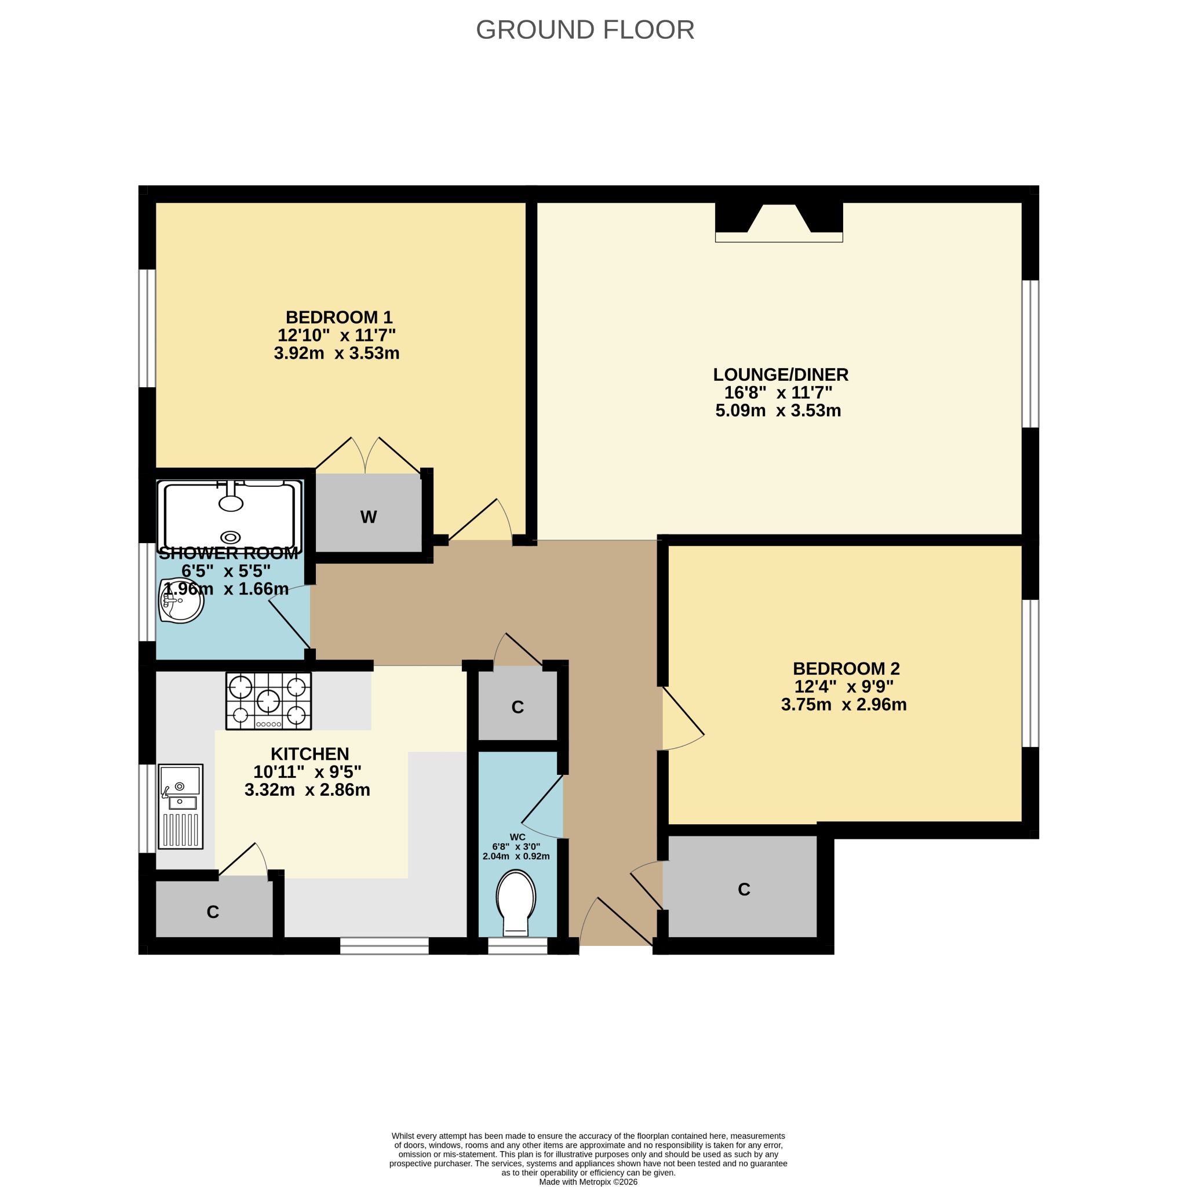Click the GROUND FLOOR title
pyautogui.click(x=585, y=30)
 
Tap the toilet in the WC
pyautogui.click(x=516, y=902)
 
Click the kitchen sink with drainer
pyautogui.click(x=181, y=806)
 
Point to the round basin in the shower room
pyautogui.click(x=181, y=600)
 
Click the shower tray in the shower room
pyautogui.click(x=229, y=516)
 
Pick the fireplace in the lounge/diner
pyautogui.click(x=778, y=223)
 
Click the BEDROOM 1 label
pyautogui.click(x=338, y=317)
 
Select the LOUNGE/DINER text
pyautogui.click(x=780, y=374)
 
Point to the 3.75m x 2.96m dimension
pyautogui.click(x=843, y=704)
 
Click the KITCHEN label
pyautogui.click(x=309, y=753)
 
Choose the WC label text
pyautogui.click(x=518, y=837)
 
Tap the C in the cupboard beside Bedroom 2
pyautogui.click(x=744, y=889)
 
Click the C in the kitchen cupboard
pyautogui.click(x=213, y=912)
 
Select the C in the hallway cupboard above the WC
pyautogui.click(x=518, y=707)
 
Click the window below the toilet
pyautogui.click(x=518, y=945)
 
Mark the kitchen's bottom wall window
pyautogui.click(x=384, y=945)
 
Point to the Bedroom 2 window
pyautogui.click(x=1030, y=673)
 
